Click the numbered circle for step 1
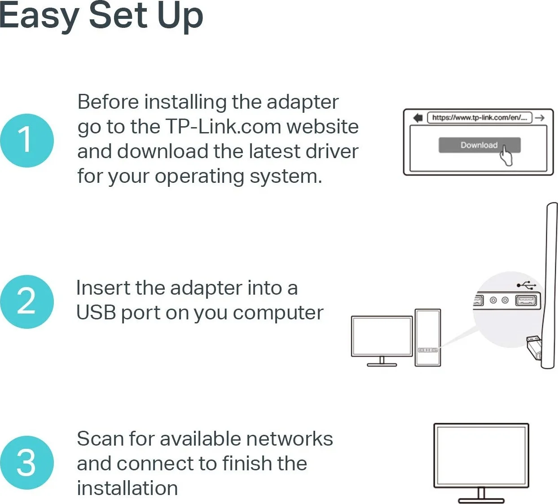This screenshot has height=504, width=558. pyautogui.click(x=27, y=140)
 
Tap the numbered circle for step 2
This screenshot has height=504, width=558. pyautogui.click(x=27, y=301)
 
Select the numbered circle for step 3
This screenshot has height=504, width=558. pyautogui.click(x=27, y=462)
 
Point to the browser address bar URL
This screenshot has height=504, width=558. pyautogui.click(x=479, y=118)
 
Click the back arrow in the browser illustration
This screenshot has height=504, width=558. pyautogui.click(x=418, y=118)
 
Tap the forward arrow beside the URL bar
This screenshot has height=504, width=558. pyautogui.click(x=540, y=118)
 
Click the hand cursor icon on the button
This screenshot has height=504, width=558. pyautogui.click(x=505, y=155)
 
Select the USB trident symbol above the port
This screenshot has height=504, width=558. pyautogui.click(x=526, y=285)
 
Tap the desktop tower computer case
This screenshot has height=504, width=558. pyautogui.click(x=427, y=337)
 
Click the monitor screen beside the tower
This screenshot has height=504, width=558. pyautogui.click(x=382, y=336)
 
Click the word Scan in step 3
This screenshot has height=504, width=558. pyautogui.click(x=100, y=439)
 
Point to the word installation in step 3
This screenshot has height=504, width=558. pyautogui.click(x=127, y=488)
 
